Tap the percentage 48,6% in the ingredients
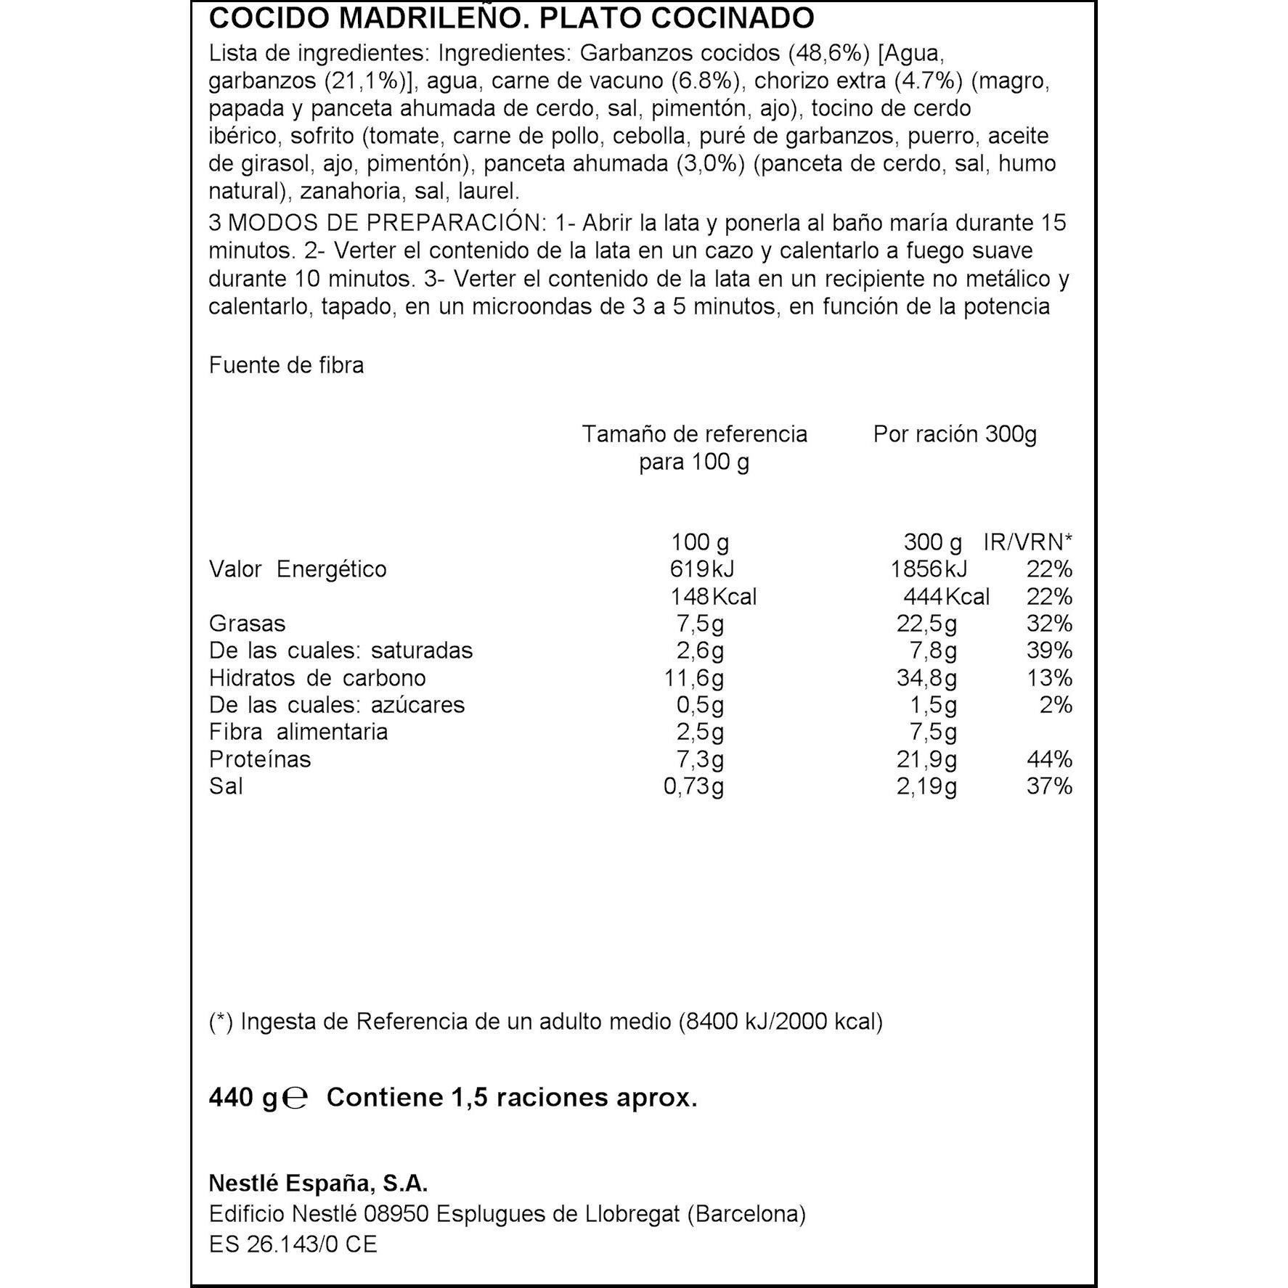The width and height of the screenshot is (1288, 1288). click(x=828, y=54)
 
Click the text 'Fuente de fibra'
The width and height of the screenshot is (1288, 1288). click(x=286, y=365)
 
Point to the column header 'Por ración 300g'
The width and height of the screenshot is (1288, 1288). click(x=954, y=434)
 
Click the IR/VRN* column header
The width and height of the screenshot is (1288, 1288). click(x=1027, y=542)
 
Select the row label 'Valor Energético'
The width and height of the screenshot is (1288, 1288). click(x=298, y=569)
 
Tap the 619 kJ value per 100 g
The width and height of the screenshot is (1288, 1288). click(x=697, y=569)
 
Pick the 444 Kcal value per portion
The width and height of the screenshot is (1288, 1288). click(x=945, y=597)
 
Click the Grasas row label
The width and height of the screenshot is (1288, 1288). click(x=247, y=624)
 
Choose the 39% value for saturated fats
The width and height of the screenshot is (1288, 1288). click(x=1049, y=651)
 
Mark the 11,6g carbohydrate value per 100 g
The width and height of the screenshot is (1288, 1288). click(x=693, y=678)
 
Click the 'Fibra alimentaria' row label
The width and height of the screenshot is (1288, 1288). click(x=298, y=732)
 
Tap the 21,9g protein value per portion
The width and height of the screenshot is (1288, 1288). click(x=926, y=759)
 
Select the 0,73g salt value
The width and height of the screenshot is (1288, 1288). click(x=693, y=786)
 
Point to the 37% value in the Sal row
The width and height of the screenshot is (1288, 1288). click(x=1049, y=786)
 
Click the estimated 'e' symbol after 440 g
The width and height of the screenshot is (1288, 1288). click(x=295, y=1098)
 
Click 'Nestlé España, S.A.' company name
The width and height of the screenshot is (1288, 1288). click(x=318, y=1184)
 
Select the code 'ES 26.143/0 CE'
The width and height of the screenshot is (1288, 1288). click(x=293, y=1244)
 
